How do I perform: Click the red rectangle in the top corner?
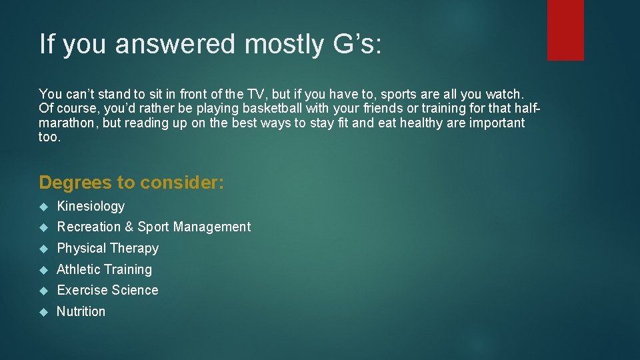[565, 30]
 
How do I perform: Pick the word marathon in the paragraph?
[68, 123]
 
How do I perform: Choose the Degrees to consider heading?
[132, 182]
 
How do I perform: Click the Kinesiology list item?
[91, 207]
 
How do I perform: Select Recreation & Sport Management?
[154, 227]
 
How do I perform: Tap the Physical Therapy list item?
[108, 249]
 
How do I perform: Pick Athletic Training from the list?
[105, 270]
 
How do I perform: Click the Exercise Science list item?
[108, 291]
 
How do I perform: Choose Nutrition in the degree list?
[81, 311]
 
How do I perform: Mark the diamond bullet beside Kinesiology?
[43, 207]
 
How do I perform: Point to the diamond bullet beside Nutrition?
[43, 311]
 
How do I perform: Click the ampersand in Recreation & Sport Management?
[129, 227]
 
